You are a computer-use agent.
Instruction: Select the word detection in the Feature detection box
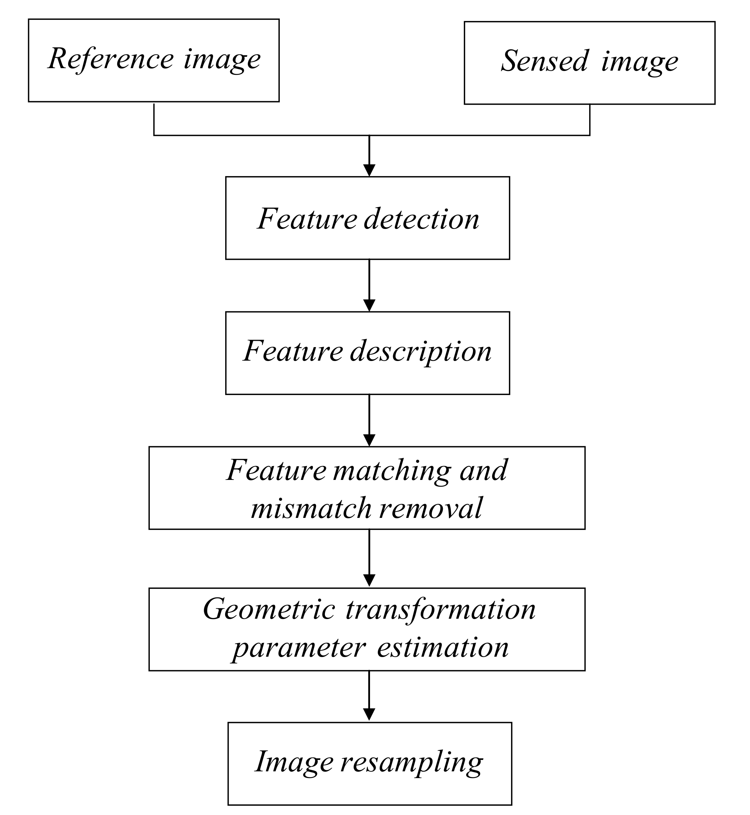pyautogui.click(x=421, y=219)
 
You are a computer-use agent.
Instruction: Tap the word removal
pyautogui.click(x=431, y=509)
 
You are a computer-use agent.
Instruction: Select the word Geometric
pyautogui.click(x=269, y=610)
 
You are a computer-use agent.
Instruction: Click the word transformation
pyautogui.click(x=441, y=610)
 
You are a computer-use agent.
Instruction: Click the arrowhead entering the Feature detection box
pyautogui.click(x=369, y=170)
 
